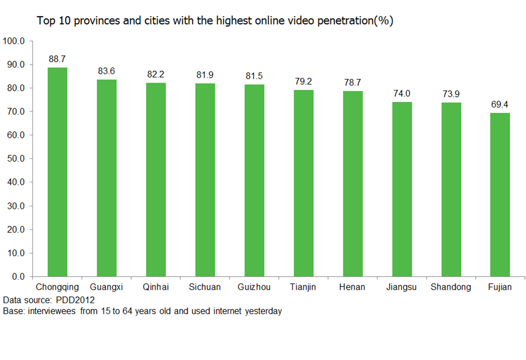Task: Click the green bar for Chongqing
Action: click(58, 172)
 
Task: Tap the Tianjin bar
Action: click(303, 183)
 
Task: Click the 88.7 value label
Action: click(58, 59)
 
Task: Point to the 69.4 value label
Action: click(500, 104)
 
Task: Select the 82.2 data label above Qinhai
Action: click(156, 74)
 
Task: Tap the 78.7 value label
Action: click(352, 83)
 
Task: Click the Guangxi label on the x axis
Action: click(107, 287)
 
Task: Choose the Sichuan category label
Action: click(205, 287)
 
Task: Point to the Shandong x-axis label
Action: click(451, 287)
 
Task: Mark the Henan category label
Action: click(352, 287)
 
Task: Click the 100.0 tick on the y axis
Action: click(14, 41)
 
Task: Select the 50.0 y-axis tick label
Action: click(16, 159)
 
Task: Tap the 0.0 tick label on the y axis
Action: click(18, 276)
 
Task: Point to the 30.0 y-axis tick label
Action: click(16, 206)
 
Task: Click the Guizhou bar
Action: click(254, 180)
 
